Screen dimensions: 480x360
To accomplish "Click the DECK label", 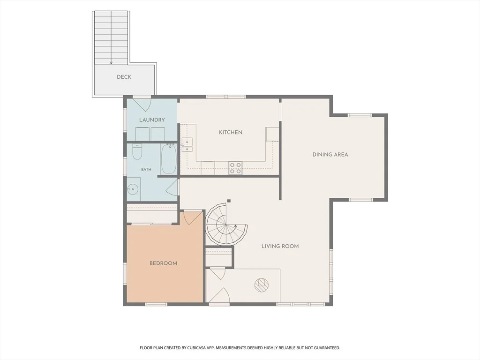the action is (124, 77).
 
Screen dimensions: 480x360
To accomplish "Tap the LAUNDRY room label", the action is (152, 120).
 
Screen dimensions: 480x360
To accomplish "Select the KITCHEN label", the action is (231, 132).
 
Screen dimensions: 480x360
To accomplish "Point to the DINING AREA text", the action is (330, 155).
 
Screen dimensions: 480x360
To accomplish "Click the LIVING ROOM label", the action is (280, 246).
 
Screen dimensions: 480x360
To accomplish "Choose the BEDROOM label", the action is (163, 263).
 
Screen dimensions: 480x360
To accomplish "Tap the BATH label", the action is (146, 169).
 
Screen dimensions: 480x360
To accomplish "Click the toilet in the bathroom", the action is (137, 151).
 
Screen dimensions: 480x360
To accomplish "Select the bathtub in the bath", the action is (169, 159).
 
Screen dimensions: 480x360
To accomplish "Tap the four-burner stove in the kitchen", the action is (235, 168).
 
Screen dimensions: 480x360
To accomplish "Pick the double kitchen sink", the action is (187, 145).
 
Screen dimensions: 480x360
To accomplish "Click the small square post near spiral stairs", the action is (229, 201).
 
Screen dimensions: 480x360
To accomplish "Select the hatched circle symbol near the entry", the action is (261, 285).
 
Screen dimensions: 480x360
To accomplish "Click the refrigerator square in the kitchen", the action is (272, 134).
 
